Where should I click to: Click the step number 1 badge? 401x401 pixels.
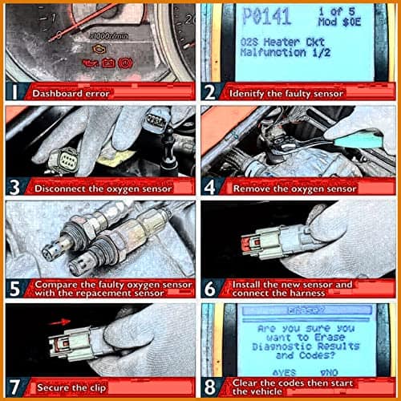pos(14,91)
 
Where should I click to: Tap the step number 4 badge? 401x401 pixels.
pos(213,189)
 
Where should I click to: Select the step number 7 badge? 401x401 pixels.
pos(14,387)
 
